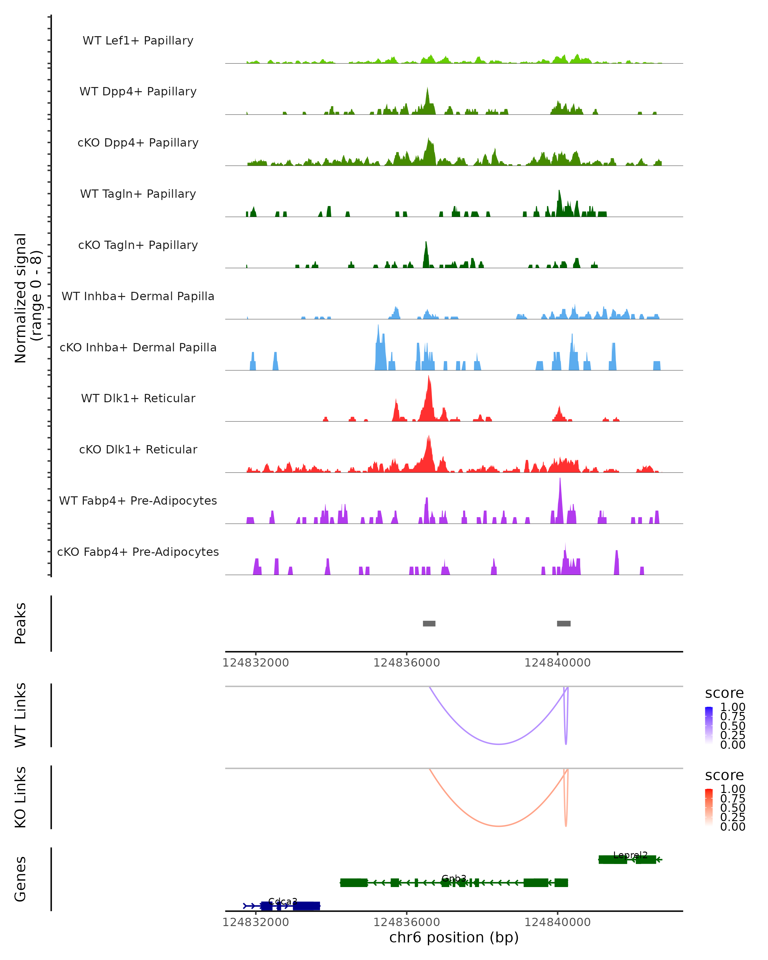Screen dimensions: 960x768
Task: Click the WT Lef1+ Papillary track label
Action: pos(138,41)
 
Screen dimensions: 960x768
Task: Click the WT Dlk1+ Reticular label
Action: pos(138,398)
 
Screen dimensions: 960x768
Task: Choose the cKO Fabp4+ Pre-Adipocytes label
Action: pos(138,552)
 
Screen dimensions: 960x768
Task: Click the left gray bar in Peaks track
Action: pos(429,623)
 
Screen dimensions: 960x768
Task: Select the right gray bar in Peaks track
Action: pos(564,623)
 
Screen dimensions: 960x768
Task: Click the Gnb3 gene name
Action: pos(454,878)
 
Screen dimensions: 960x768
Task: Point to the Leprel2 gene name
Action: pos(630,855)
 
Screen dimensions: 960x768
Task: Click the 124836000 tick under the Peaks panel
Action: pos(406,663)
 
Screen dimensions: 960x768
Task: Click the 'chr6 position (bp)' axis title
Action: pos(454,938)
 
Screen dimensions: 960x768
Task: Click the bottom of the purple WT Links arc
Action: pos(499,744)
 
